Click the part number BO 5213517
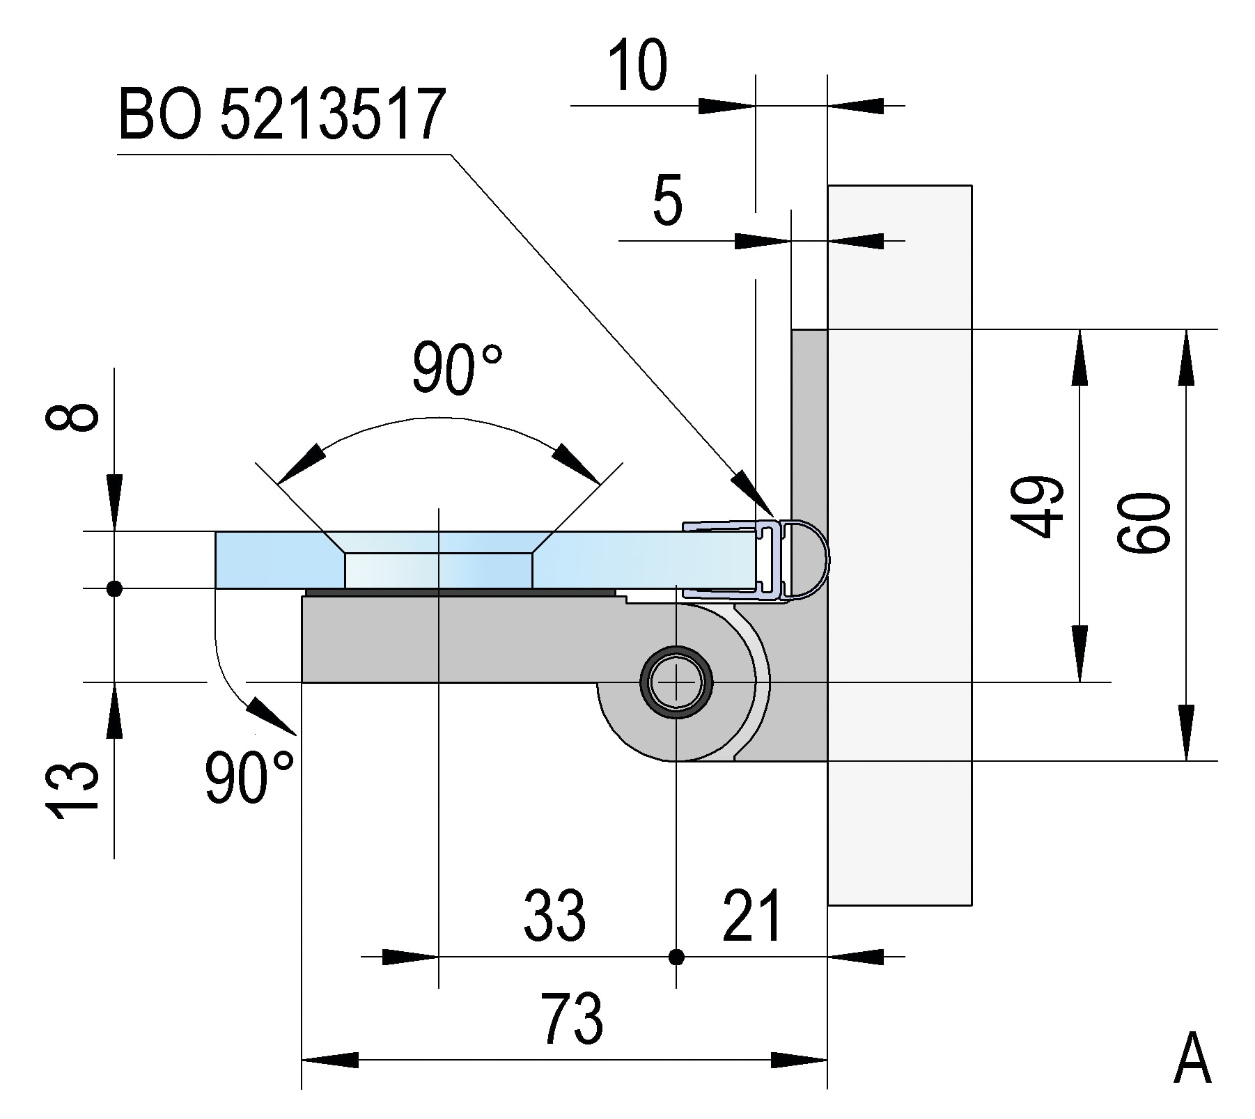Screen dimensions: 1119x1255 282,113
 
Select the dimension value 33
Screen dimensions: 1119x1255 554,914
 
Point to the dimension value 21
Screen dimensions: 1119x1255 753,914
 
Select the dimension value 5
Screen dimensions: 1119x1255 667,201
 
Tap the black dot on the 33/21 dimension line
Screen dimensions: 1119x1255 676,957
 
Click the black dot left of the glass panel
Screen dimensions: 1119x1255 115,589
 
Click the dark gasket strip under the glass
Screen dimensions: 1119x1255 460,593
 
